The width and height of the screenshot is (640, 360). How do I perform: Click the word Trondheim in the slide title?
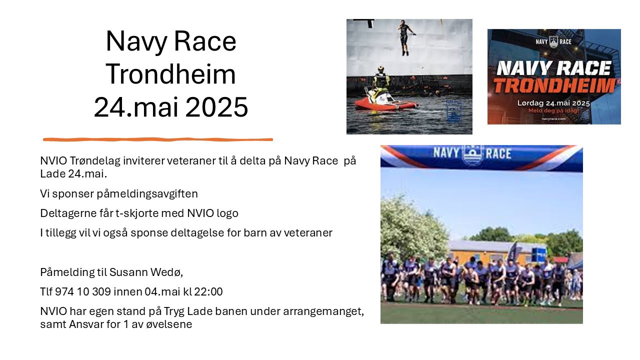(170, 74)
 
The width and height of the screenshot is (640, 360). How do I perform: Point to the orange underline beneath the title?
(158, 139)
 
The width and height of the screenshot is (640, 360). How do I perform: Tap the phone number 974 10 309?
(77, 291)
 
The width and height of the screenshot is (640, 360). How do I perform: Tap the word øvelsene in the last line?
(170, 324)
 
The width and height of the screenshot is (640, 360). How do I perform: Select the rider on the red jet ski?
(381, 79)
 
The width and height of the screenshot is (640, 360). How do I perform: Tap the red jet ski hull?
(385, 103)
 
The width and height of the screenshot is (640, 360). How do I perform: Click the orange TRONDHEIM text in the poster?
(553, 85)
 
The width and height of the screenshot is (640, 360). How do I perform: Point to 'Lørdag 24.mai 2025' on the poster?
(554, 103)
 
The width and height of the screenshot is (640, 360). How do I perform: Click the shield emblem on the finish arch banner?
(472, 155)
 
